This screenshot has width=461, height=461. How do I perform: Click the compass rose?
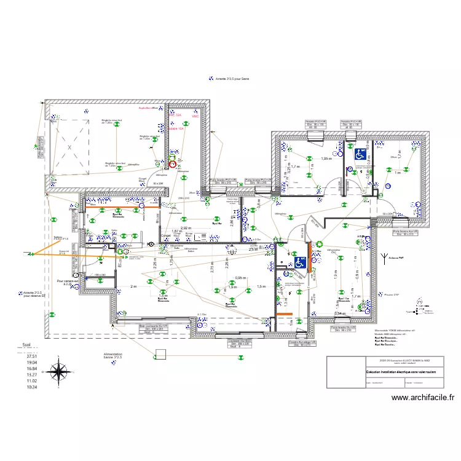[59, 372]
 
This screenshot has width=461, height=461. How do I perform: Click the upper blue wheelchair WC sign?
[359, 154]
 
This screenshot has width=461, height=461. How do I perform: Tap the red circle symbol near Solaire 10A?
[173, 164]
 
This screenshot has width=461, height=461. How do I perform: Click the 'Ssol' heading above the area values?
[27, 346]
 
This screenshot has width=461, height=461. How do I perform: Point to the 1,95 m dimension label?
[326, 159]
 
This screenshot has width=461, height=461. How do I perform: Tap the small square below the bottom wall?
[161, 354]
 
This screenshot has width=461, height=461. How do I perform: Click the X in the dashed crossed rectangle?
[69, 148]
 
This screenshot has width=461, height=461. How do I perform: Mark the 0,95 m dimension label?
[240, 277]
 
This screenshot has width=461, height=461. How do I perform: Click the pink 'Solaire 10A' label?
[176, 129]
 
